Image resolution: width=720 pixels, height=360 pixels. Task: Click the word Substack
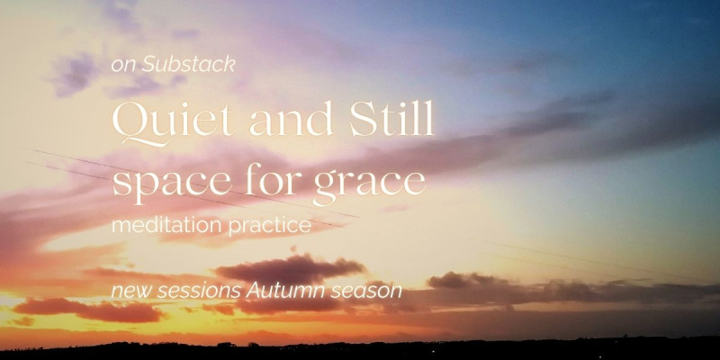188,65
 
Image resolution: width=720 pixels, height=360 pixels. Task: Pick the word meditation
167,225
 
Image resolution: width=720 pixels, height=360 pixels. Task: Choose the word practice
269,226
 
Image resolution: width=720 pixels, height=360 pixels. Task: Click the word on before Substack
123,66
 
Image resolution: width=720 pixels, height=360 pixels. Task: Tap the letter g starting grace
327,188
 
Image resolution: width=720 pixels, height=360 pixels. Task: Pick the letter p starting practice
234,229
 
